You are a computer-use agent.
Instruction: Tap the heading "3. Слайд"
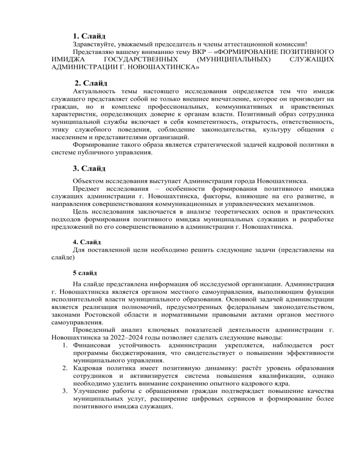coord(89,168)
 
